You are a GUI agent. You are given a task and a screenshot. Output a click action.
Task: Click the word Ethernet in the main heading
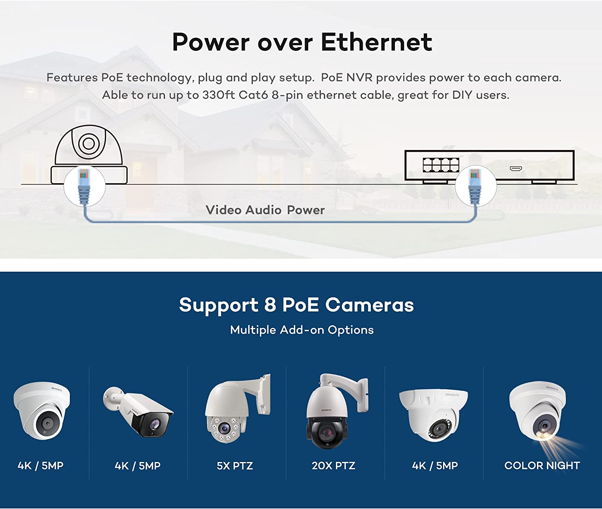376,42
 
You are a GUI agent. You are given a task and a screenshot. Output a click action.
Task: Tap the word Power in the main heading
211,42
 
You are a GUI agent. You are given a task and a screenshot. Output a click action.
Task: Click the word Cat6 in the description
253,95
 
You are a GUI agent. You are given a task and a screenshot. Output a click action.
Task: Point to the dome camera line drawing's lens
89,143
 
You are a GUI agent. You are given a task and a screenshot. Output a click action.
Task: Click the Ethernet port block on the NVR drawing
441,165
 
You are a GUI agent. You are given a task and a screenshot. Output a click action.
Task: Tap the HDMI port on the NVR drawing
516,168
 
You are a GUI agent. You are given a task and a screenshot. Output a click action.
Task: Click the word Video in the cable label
224,210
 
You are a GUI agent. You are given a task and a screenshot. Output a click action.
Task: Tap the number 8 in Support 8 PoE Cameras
270,305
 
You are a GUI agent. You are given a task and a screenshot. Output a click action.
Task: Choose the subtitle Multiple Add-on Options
302,330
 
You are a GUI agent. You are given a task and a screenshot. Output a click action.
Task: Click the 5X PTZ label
235,466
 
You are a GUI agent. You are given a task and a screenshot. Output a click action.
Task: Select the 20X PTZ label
334,466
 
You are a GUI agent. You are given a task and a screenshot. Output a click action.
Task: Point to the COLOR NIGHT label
542,466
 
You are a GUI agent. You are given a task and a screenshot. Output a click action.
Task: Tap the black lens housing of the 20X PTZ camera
326,432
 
